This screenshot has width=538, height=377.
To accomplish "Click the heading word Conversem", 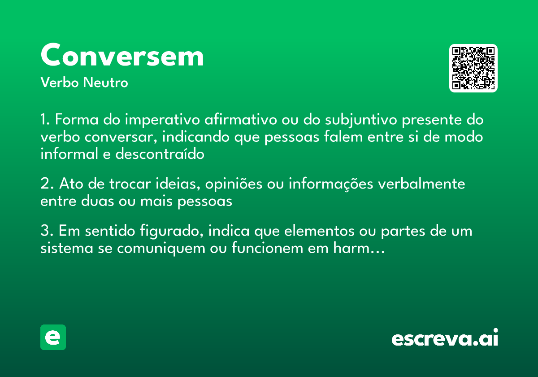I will click(x=122, y=56).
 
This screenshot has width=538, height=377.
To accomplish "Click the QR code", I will click(x=473, y=68).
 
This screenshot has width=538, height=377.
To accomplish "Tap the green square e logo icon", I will click(x=53, y=337).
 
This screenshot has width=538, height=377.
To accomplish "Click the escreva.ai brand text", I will click(x=445, y=338).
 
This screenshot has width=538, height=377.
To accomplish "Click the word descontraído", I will click(x=160, y=154).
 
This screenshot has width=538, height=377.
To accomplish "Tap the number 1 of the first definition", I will click(x=44, y=120).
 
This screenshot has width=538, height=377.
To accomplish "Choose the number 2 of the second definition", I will click(x=45, y=184).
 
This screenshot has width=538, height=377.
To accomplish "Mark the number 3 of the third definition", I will click(x=45, y=232).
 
